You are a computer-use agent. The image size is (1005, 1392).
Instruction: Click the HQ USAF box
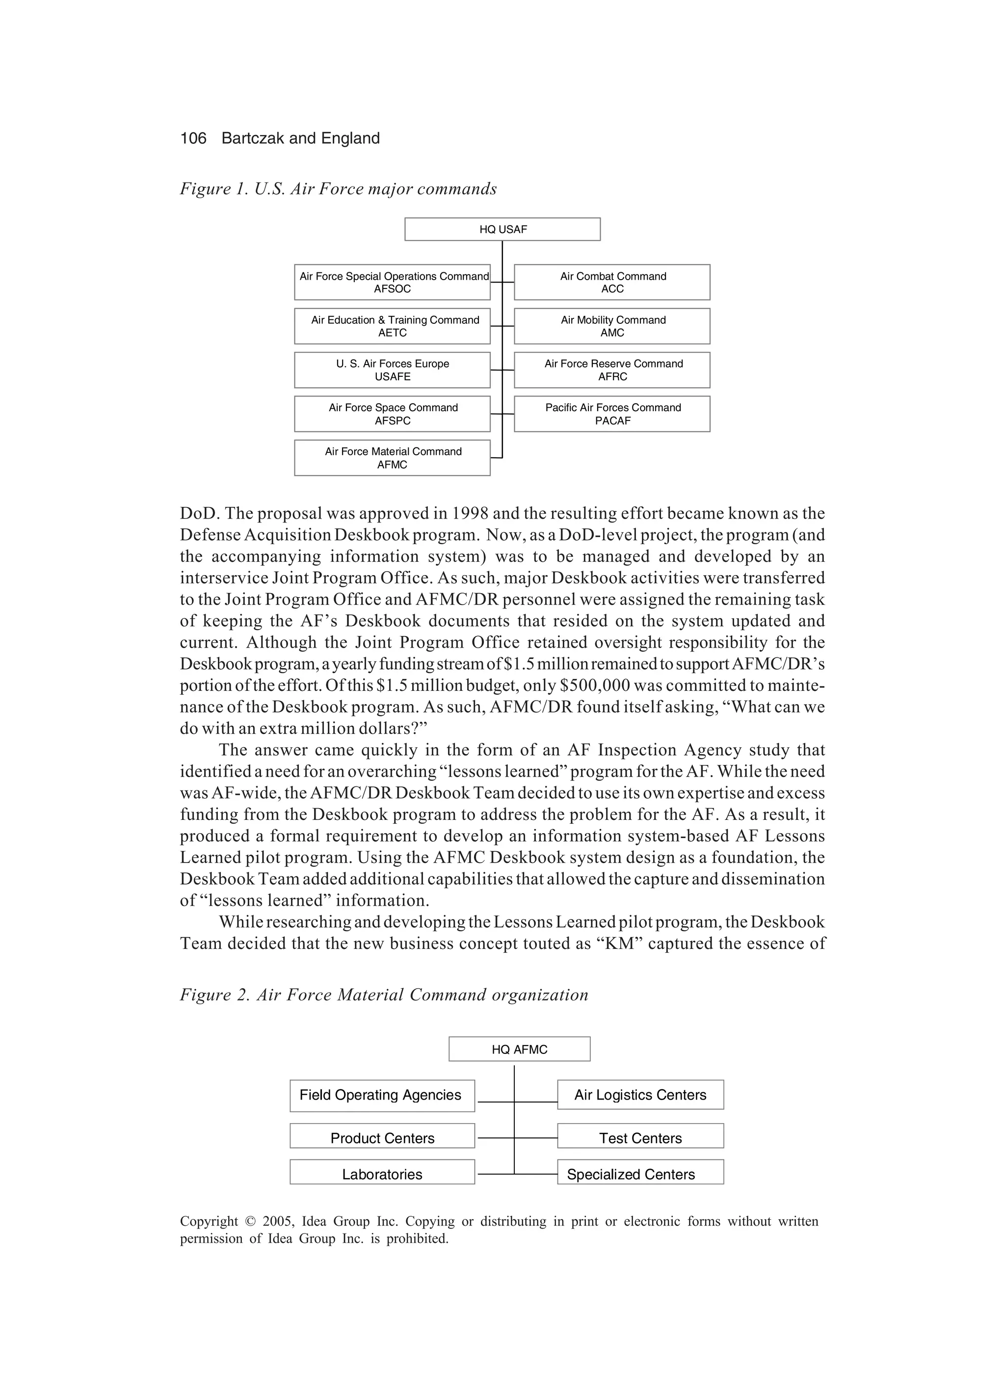coord(502,229)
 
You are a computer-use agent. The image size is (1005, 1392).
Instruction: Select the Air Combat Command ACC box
coord(612,282)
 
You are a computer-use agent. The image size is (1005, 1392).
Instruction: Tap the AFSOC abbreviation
coord(392,289)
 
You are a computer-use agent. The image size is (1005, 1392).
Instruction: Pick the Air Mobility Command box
coord(612,326)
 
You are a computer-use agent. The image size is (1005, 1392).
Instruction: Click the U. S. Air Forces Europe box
coord(392,370)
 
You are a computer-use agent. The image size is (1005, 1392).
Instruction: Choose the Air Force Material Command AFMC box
coord(392,458)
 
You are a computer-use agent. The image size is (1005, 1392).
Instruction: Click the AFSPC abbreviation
coord(392,421)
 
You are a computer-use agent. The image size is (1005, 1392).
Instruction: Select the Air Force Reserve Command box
coord(612,370)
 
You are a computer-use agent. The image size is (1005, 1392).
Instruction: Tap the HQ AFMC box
coord(519,1050)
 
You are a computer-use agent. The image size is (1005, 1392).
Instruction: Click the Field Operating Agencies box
coord(382,1096)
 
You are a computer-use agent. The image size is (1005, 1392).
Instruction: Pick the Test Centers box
coord(640,1137)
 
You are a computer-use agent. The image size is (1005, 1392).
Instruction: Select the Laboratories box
coord(382,1174)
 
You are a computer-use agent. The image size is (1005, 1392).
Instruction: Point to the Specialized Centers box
coord(640,1174)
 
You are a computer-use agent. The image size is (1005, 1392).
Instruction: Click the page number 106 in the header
coord(193,138)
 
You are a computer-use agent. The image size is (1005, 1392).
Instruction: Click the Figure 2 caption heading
coord(384,995)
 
